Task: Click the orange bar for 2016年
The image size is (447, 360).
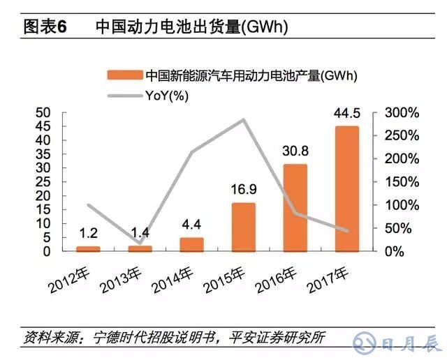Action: click(295, 208)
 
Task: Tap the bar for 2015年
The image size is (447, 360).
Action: click(243, 227)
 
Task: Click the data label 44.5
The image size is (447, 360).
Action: click(347, 114)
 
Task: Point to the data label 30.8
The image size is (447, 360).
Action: click(295, 151)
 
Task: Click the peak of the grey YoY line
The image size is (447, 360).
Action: click(243, 119)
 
